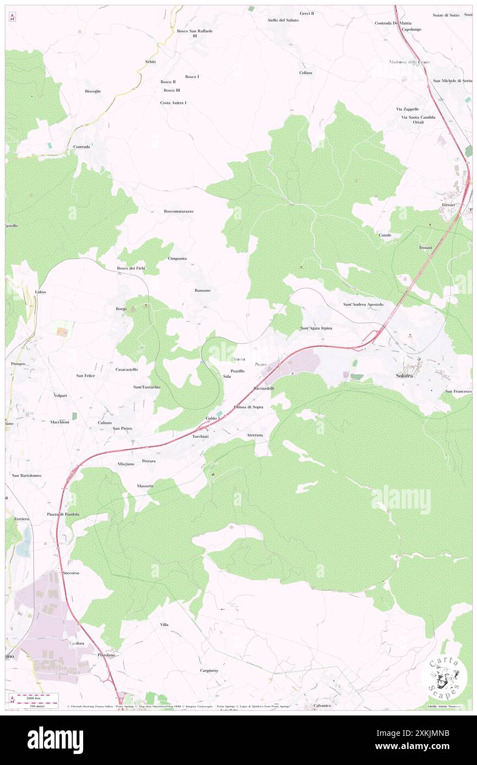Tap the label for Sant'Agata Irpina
(x=316, y=328)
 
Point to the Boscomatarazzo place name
(x=178, y=211)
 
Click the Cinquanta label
(x=177, y=258)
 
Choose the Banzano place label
(x=202, y=290)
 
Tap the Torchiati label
(x=200, y=436)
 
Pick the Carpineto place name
(x=209, y=670)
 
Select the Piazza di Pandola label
(x=63, y=514)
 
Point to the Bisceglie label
(x=93, y=91)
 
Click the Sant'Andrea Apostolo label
(x=363, y=304)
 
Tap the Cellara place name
(x=306, y=73)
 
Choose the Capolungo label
(x=411, y=29)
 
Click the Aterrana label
(x=255, y=435)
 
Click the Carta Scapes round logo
(x=444, y=677)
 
